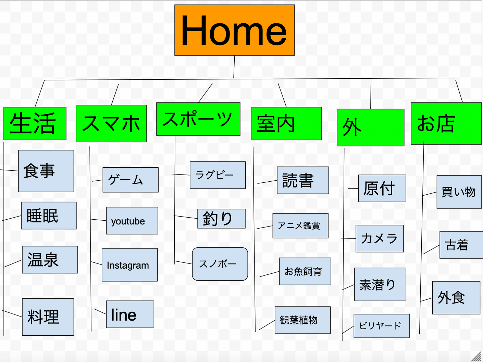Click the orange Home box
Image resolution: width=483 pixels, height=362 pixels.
tap(235, 30)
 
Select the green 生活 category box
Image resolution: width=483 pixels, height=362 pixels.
tap(35, 124)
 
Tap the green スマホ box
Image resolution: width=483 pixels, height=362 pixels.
tap(111, 124)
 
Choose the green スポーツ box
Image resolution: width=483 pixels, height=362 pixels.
tap(198, 119)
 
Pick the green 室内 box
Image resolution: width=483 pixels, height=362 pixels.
tap(286, 124)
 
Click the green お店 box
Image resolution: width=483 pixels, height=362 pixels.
tap(446, 124)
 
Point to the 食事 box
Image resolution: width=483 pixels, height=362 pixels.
tap(46, 171)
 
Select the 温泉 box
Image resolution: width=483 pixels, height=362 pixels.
tap(50, 260)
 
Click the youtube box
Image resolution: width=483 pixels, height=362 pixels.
tap(132, 221)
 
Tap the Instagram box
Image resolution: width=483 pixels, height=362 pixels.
tap(130, 265)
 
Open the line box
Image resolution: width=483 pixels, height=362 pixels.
tap(130, 314)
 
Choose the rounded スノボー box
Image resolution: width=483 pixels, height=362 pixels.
tap(220, 264)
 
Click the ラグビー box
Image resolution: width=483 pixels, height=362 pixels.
tap(218, 175)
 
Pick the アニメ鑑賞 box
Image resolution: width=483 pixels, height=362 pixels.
tap(300, 226)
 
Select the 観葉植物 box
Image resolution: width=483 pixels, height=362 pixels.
tap(303, 320)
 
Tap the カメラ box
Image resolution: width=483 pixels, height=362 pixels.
tap(380, 238)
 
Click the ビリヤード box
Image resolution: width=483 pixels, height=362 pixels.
tap(382, 326)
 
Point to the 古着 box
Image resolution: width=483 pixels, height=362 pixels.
tap(461, 245)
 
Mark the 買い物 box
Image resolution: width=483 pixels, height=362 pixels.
tap(459, 192)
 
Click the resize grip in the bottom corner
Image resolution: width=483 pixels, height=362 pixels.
tap(476, 357)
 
